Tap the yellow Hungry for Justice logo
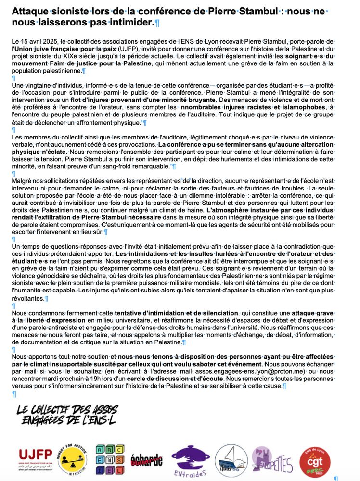point(72,459)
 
